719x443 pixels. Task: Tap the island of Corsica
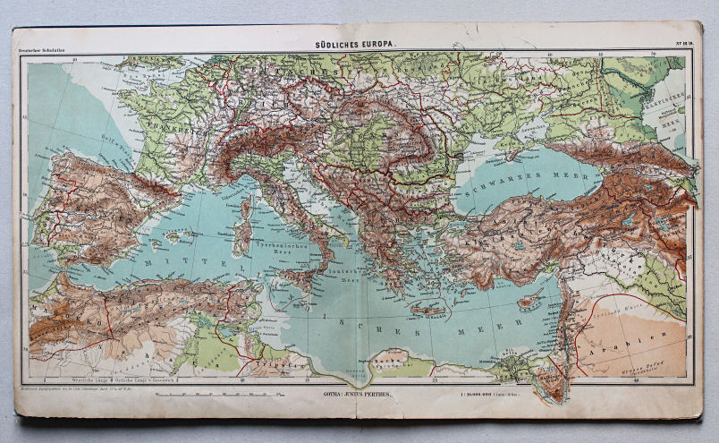coord(245,208)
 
